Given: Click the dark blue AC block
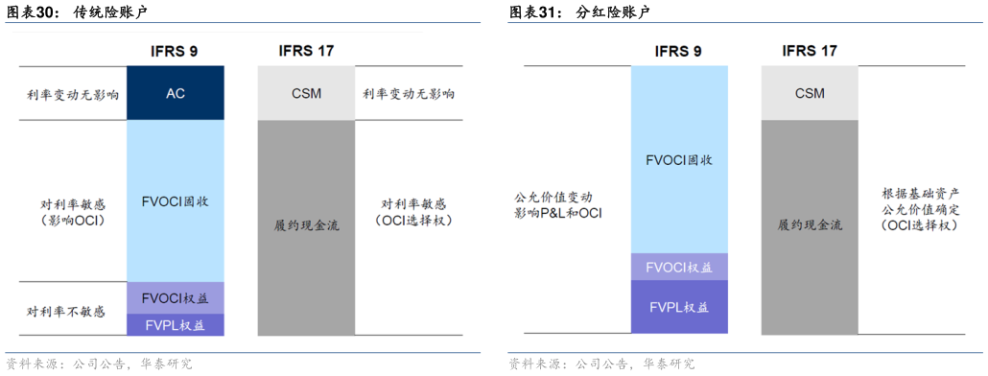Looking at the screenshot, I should coord(175,93).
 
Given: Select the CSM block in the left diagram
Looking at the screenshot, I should coord(306,93).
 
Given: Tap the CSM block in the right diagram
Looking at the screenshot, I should coord(810,93).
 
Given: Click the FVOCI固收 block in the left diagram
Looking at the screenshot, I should coord(175,201).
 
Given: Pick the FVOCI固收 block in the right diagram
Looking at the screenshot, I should coord(679,160).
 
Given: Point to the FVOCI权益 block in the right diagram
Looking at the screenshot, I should coord(679,268).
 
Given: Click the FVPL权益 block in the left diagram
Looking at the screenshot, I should coord(175,325).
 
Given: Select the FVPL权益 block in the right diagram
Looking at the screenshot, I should coord(679,308).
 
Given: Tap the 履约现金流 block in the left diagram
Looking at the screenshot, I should coord(306,226).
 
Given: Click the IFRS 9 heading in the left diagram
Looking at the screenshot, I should coord(175,50).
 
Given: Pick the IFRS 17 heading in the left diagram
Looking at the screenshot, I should coord(306,50).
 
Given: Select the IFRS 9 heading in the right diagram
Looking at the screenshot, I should coord(678,51).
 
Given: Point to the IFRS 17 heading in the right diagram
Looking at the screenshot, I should coord(810,51).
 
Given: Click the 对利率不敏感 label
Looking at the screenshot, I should coord(66,312).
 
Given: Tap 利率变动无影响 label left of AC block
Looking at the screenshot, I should coord(72,94).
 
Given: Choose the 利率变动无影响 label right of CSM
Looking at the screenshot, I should coord(409,94).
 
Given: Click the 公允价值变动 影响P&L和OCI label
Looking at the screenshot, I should coord(558,204).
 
